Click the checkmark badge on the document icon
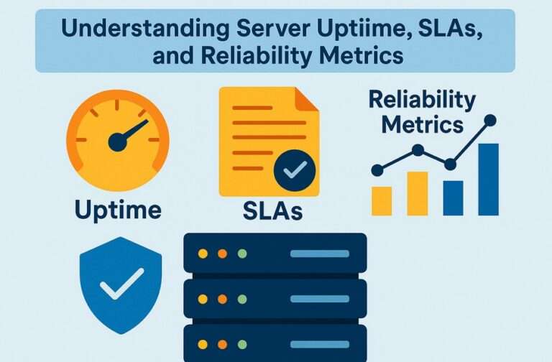pos(295,170)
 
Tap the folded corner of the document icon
pos(308,98)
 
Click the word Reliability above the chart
pos(422,100)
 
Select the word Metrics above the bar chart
pos(422,124)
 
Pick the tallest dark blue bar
pos(488,179)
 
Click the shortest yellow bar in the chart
pos(382,200)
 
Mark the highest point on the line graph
pos(491,120)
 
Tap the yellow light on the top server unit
pos(203,254)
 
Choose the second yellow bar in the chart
pos(417,193)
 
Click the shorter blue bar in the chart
pos(453,198)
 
